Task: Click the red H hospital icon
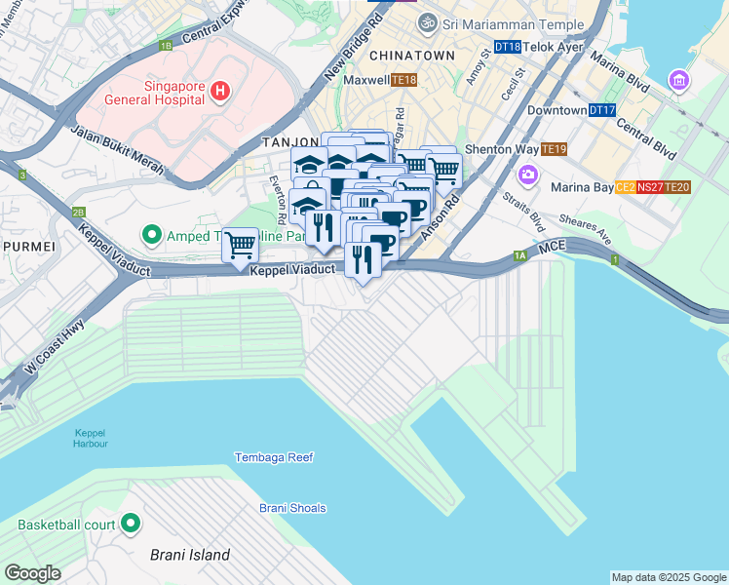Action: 221,92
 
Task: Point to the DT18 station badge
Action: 507,46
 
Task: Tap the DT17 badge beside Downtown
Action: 601,110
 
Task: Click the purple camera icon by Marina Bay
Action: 528,175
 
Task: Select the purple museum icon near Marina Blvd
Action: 679,79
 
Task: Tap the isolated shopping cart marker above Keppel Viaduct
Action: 240,245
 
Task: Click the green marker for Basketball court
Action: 131,525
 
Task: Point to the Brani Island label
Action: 190,556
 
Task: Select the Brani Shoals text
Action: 292,508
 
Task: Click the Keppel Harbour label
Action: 90,438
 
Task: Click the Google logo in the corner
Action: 32,573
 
